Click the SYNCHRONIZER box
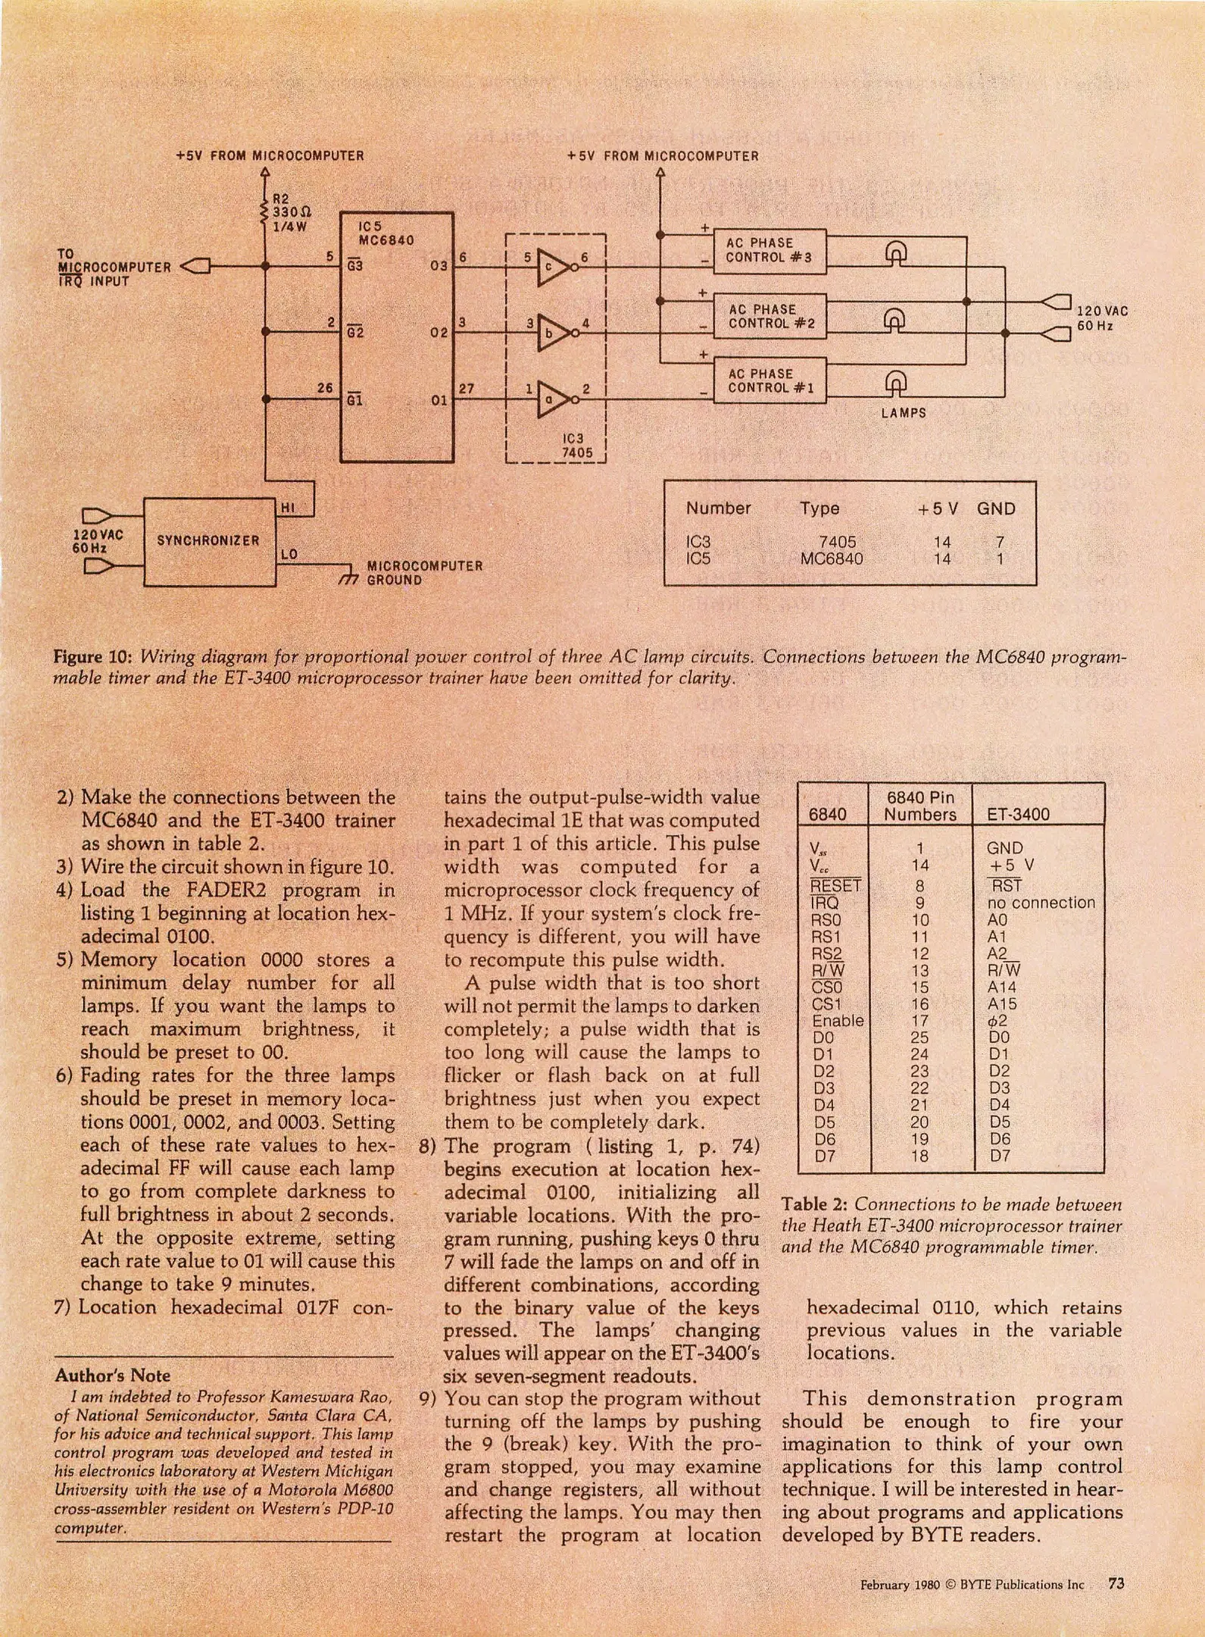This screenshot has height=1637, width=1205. click(209, 541)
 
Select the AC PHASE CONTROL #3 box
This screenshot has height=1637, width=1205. click(770, 251)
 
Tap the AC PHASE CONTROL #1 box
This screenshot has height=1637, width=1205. click(770, 381)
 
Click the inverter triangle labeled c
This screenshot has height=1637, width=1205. click(553, 268)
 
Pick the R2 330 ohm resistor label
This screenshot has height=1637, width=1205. click(291, 212)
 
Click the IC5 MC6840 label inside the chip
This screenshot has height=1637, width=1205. click(386, 233)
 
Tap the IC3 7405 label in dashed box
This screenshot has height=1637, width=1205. click(574, 446)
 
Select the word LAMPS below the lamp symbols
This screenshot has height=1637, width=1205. click(904, 414)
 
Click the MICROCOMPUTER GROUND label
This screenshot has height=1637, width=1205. click(424, 573)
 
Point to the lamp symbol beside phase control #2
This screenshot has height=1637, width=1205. click(894, 319)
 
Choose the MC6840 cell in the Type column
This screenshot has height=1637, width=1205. click(831, 559)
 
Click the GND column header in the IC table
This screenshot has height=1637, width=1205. click(995, 509)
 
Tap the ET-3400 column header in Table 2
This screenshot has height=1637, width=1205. click(1018, 815)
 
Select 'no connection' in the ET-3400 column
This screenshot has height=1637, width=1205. click(1041, 903)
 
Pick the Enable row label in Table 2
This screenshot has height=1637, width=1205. click(838, 1021)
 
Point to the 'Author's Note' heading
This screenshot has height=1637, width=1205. click(112, 1376)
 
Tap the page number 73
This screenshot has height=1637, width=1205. click(1116, 1584)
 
